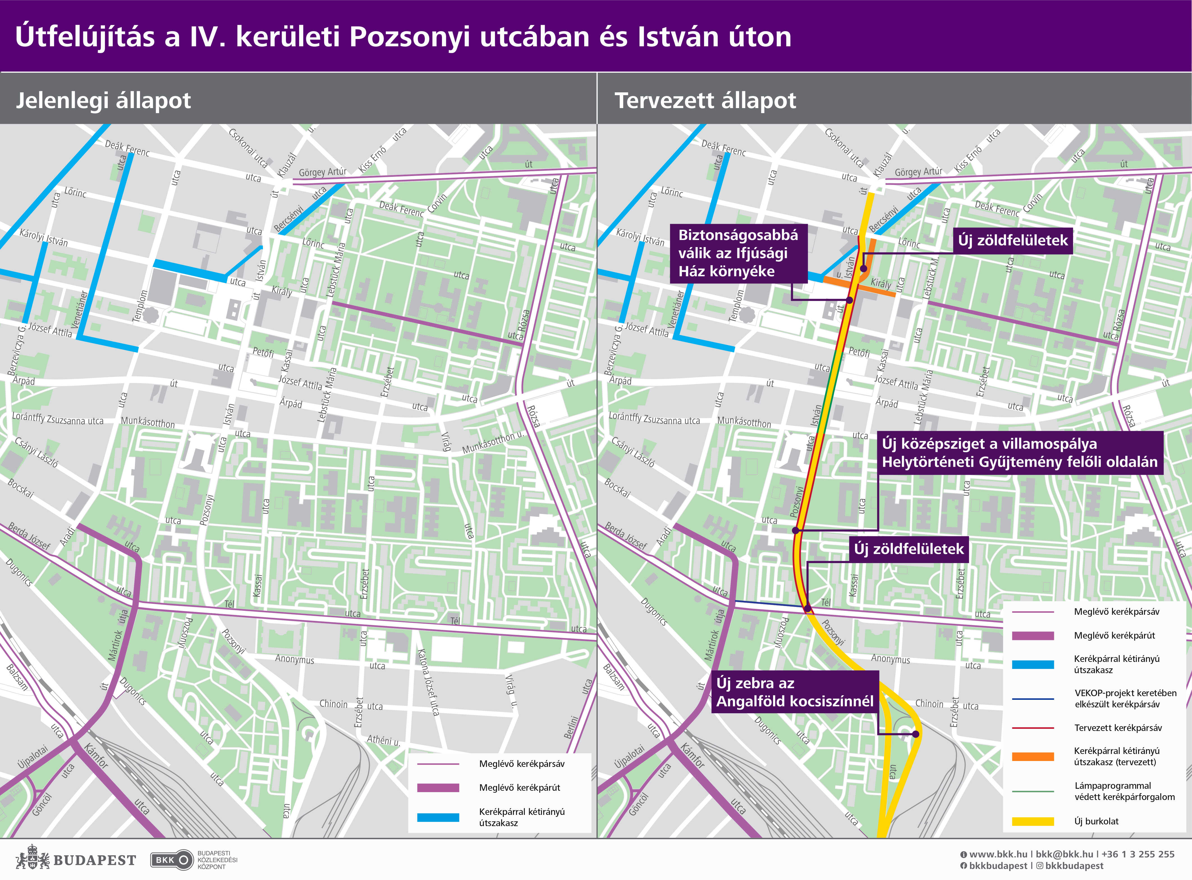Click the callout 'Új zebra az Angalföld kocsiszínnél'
(x=794, y=692)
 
